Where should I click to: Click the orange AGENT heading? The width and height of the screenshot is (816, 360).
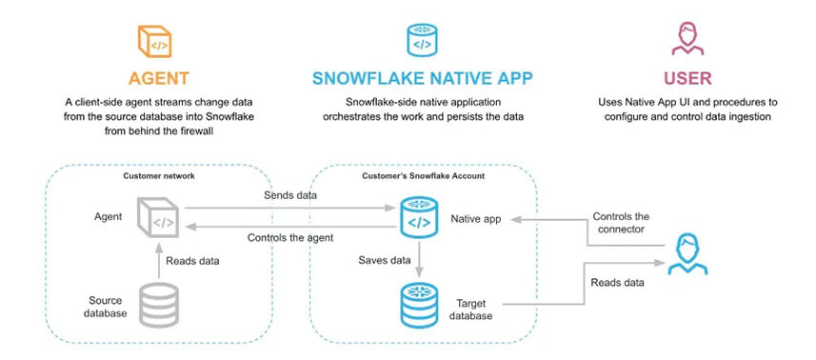point(157,77)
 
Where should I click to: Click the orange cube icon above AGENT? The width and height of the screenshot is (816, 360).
point(157,38)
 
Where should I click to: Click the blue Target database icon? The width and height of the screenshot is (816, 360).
point(418,303)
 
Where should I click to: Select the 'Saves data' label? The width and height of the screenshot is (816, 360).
point(384,259)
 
